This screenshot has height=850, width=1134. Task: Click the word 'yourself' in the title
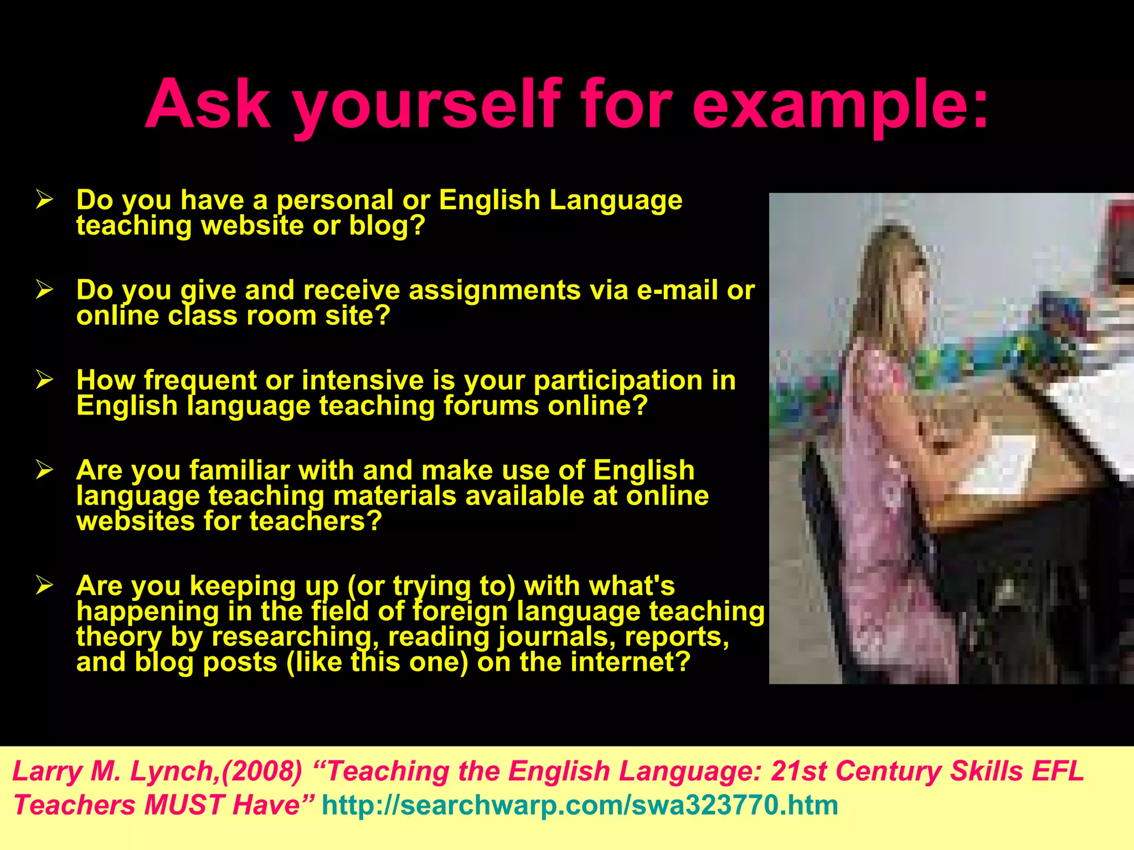[x=426, y=105]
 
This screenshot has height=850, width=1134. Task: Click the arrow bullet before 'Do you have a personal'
[x=44, y=199]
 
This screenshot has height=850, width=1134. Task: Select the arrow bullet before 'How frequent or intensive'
[x=44, y=379]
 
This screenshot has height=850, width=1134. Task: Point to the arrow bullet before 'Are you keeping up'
[x=44, y=584]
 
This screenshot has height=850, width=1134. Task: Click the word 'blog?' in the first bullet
[x=387, y=225]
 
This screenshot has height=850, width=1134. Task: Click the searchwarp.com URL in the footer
[x=580, y=805]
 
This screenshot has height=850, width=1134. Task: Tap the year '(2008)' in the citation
[x=261, y=771]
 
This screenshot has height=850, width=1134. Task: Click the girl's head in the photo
[x=891, y=277]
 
